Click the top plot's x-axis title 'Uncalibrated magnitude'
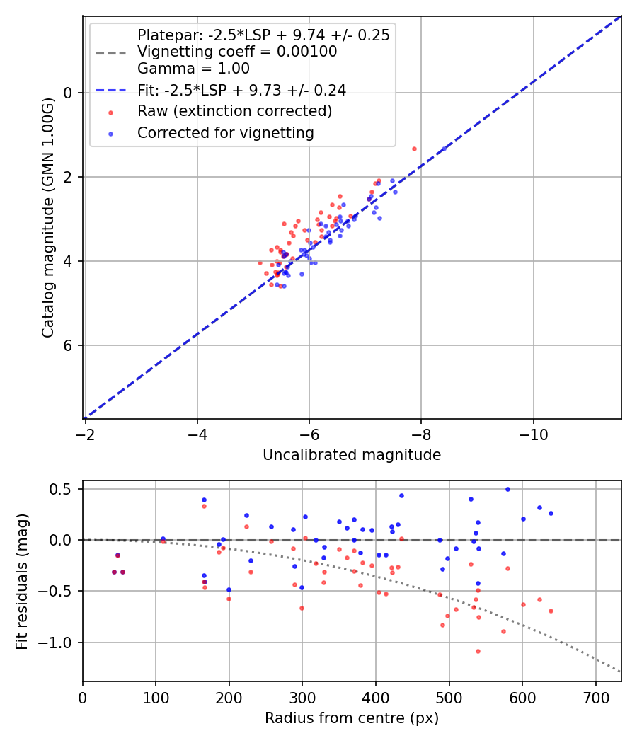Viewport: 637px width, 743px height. tap(352, 455)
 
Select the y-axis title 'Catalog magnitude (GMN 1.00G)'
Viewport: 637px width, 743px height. tap(47, 217)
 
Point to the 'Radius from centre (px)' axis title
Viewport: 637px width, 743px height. tap(352, 718)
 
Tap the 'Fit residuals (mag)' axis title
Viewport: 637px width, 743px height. tap(22, 581)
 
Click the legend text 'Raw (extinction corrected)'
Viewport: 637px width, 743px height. tap(234, 111)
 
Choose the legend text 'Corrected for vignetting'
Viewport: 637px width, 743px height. tap(225, 132)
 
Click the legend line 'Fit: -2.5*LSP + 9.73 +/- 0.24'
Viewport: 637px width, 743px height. tap(110, 90)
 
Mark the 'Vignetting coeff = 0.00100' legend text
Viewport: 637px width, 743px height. tap(237, 52)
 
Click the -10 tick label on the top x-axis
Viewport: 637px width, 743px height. tap(533, 434)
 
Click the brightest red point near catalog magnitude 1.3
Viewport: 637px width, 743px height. tap(414, 149)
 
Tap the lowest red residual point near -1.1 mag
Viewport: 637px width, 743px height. tap(478, 651)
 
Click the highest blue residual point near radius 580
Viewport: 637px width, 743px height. tap(507, 489)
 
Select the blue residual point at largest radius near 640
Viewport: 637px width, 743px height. tap(551, 513)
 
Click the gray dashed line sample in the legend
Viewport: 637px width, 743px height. tap(110, 52)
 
